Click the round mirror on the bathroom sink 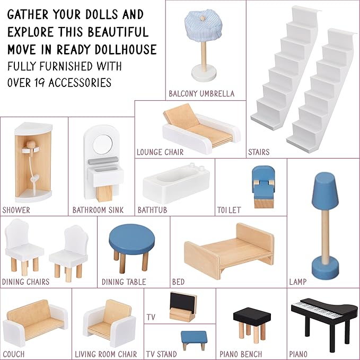103,144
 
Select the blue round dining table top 132,239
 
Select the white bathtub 177,183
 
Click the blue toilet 264,187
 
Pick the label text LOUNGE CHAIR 160,152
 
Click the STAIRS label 259,152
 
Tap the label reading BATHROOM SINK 98,210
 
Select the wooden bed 229,251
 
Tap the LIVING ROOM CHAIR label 106,354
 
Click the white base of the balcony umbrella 204,72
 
